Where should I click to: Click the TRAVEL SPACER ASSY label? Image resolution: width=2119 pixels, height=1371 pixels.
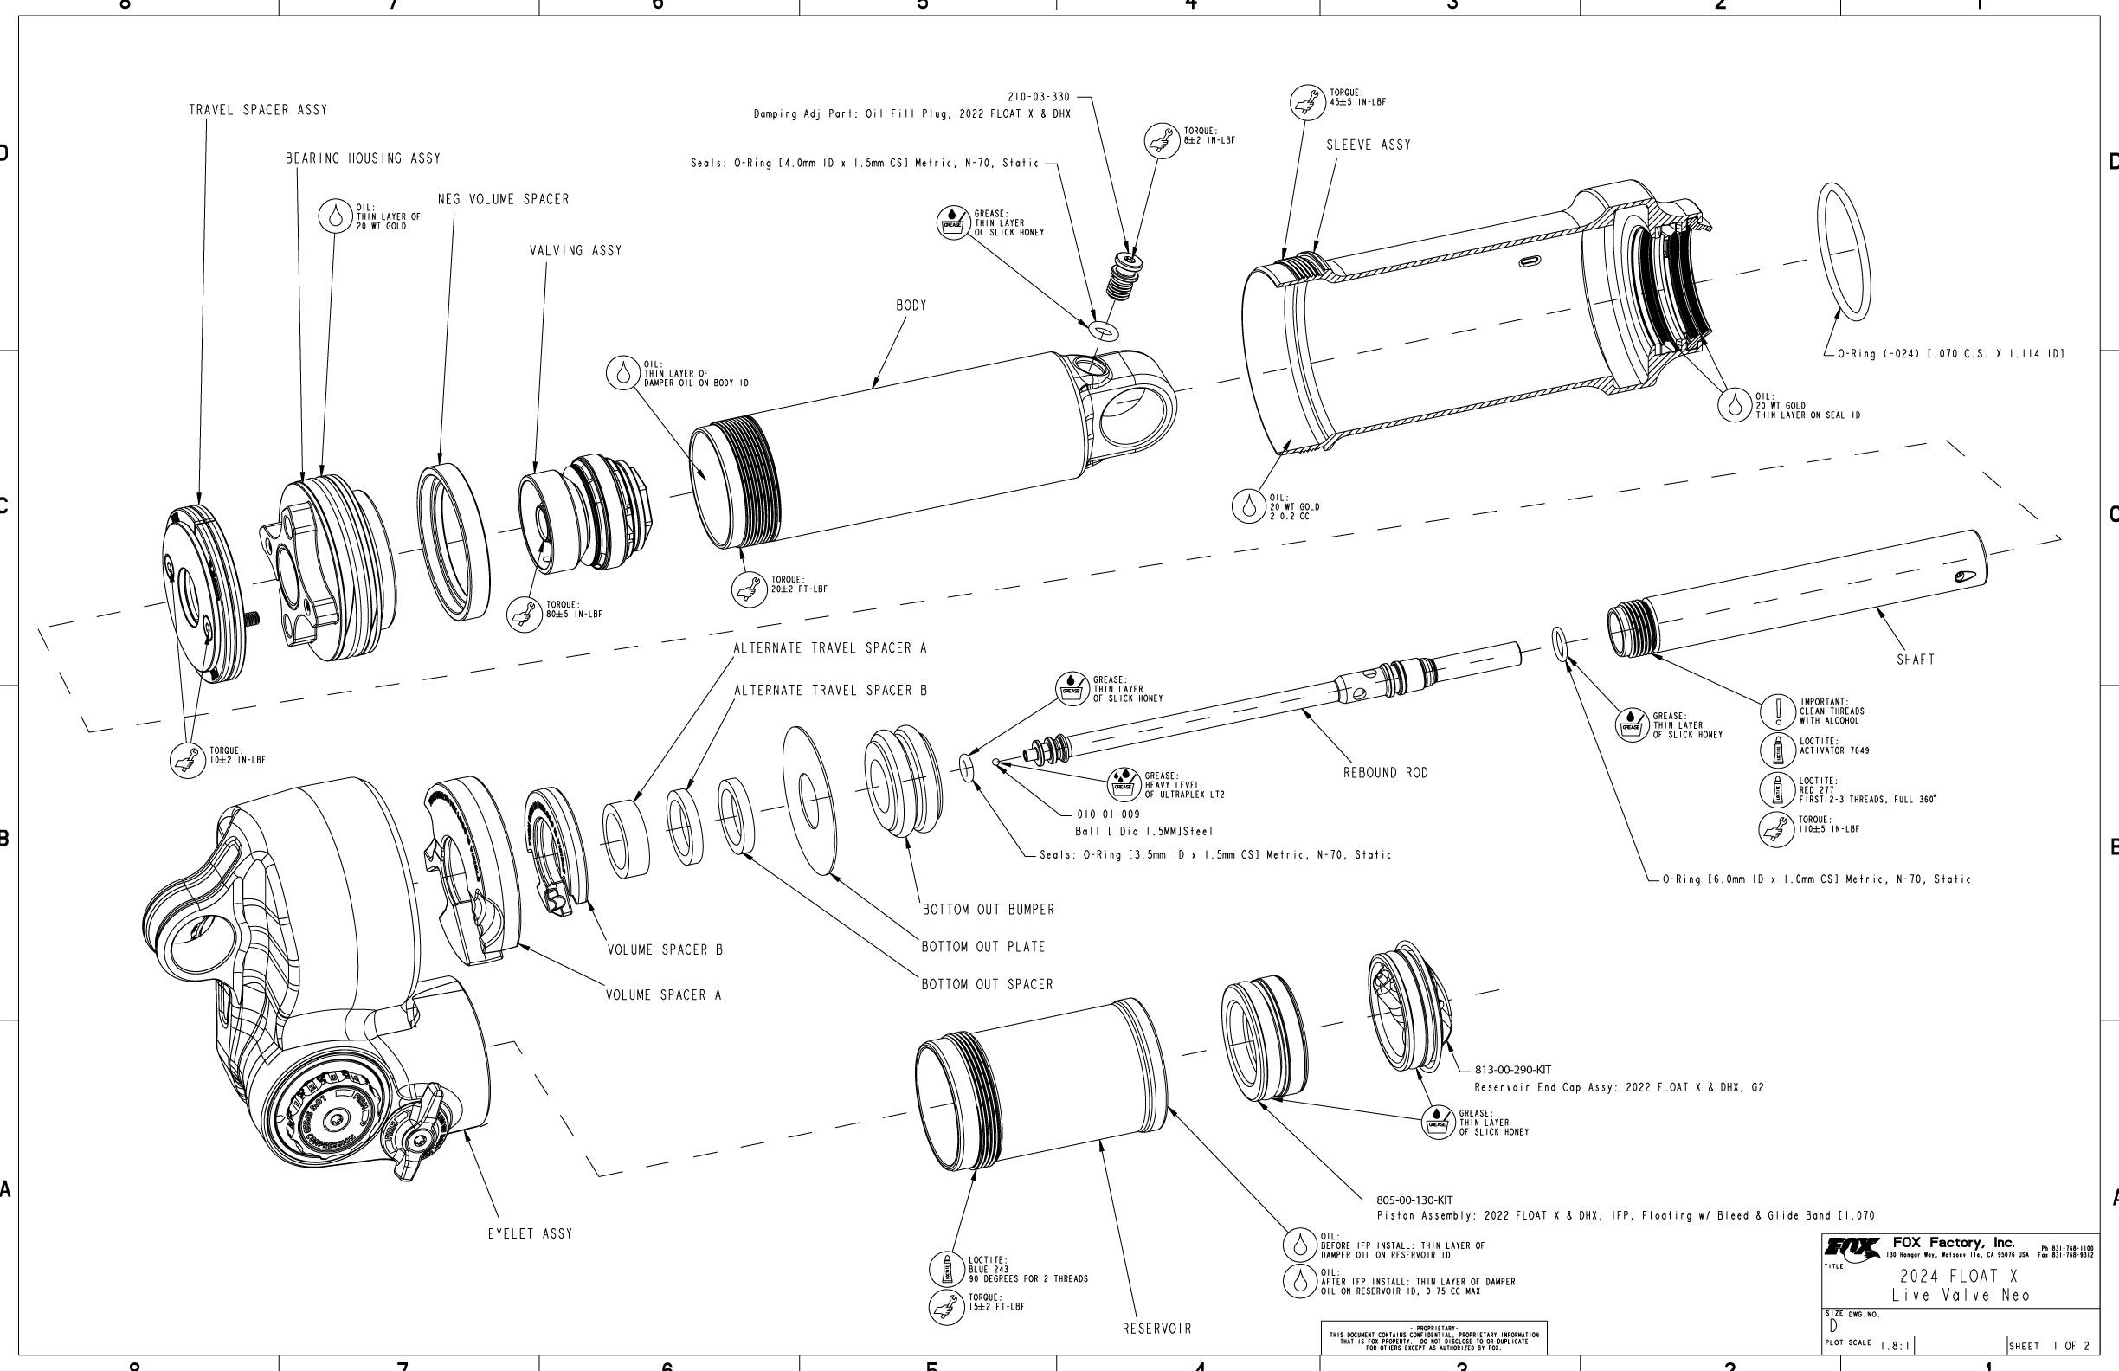coord(257,111)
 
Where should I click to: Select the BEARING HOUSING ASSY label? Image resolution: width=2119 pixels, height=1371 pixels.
coord(363,158)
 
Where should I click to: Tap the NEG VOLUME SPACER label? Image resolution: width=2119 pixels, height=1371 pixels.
coord(503,199)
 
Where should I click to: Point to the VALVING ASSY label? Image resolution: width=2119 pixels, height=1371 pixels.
coord(575,251)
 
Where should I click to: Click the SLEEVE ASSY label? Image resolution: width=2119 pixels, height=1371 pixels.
coord(1369,145)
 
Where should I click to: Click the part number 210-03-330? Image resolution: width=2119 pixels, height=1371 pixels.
coord(1038,97)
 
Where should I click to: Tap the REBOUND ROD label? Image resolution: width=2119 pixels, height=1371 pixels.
coord(1384,773)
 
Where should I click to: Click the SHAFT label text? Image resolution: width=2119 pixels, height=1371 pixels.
coord(1915,660)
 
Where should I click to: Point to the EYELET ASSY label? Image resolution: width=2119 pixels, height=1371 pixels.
coord(530,1234)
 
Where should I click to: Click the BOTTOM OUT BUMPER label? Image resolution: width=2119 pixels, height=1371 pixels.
coord(988,910)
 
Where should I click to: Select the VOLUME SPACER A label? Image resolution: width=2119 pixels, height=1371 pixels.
coord(663,995)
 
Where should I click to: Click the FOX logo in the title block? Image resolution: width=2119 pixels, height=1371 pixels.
coord(1852,1247)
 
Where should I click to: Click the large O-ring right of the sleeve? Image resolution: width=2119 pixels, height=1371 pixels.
coord(1843,251)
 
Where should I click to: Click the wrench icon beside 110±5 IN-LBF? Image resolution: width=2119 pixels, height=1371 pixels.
coord(1777,829)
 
